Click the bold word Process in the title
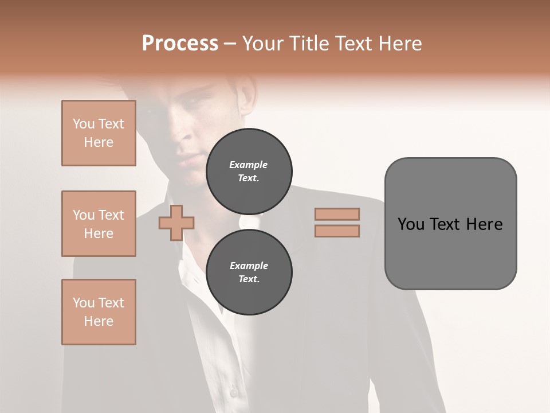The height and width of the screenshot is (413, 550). pyautogui.click(x=180, y=44)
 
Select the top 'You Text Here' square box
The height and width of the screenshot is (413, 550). pyautogui.click(x=99, y=133)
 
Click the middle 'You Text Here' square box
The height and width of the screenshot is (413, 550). pyautogui.click(x=99, y=224)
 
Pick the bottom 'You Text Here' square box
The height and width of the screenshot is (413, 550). pyautogui.click(x=99, y=312)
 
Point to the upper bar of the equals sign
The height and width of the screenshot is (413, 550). pyautogui.click(x=337, y=214)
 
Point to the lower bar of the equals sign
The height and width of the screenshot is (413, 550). pyautogui.click(x=337, y=231)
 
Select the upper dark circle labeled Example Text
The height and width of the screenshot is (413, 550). pyautogui.click(x=249, y=172)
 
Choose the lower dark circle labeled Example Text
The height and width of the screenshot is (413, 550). pyautogui.click(x=249, y=272)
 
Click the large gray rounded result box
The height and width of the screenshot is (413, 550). pyautogui.click(x=450, y=224)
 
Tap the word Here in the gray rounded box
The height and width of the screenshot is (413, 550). pyautogui.click(x=484, y=224)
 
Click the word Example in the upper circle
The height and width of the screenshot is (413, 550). pyautogui.click(x=249, y=165)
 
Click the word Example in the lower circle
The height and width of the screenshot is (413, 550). pyautogui.click(x=249, y=266)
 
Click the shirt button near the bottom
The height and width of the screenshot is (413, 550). pyautogui.click(x=233, y=392)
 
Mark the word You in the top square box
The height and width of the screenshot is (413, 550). pyautogui.click(x=84, y=124)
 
